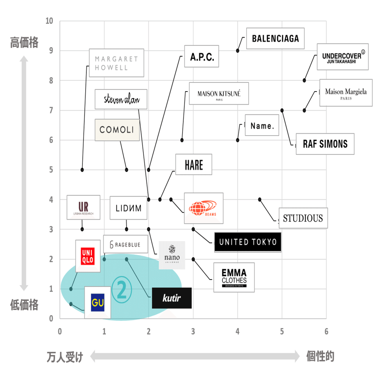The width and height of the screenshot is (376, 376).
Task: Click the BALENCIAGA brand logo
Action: [x=275, y=38]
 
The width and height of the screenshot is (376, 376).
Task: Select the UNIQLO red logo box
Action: [x=88, y=256]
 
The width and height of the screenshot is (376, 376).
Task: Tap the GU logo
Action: [x=97, y=303]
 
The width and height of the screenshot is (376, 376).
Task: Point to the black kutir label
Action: [x=172, y=298]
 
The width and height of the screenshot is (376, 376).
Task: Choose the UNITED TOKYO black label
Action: [x=248, y=242]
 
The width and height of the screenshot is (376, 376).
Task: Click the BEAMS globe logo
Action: [x=203, y=208]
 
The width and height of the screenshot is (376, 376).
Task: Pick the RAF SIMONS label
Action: [x=325, y=144]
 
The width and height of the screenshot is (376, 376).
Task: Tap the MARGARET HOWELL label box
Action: [x=116, y=63]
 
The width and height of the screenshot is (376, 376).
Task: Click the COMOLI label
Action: [x=117, y=130]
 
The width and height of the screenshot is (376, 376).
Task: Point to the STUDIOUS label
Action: [x=303, y=218]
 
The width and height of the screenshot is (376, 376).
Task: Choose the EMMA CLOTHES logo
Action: [x=234, y=278]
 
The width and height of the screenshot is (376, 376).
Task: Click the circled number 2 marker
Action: [x=122, y=289]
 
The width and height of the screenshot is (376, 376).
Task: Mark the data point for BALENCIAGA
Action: [x=238, y=50]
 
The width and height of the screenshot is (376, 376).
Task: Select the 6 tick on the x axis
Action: [x=326, y=331]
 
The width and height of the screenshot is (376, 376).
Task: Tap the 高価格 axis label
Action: [x=24, y=43]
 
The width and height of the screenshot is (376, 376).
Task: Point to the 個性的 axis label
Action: [x=320, y=356]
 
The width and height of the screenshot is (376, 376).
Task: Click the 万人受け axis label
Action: [x=65, y=357]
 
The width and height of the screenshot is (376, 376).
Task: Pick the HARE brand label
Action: [x=194, y=165]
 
